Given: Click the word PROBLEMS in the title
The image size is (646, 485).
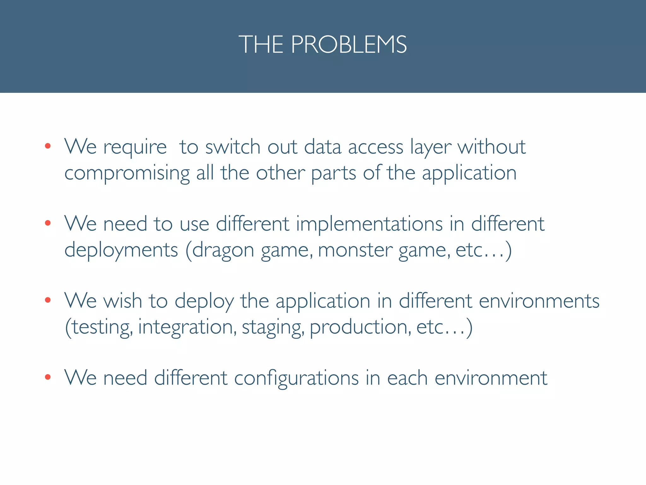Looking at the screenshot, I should coord(349,45).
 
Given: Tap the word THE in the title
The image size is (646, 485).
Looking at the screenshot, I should coord(261,45).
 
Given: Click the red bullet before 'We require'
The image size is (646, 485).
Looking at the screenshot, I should coord(48,146).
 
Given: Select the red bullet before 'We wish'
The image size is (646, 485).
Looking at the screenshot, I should coord(48,300).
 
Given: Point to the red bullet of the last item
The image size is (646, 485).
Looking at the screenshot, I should coord(48,377).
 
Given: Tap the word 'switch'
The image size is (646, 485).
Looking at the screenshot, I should coord(233,147).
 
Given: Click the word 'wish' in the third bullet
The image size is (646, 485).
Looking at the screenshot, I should coord(123,301).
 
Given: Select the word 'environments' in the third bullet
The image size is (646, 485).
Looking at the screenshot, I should coord(539,301).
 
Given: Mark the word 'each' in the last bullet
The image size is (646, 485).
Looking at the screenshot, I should coord(407,378).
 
